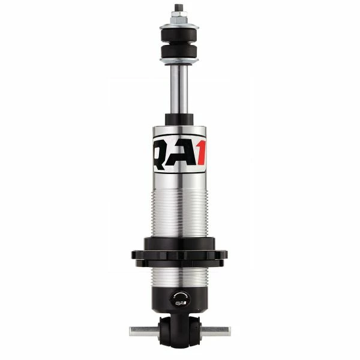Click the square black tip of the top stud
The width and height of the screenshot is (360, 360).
coord(179,8)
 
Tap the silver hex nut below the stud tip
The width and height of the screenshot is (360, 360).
coord(179,20)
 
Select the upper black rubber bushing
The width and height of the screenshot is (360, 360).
coord(179,34)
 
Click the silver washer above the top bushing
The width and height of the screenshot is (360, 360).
coord(179,26)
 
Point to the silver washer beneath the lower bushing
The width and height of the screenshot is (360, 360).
coord(179,61)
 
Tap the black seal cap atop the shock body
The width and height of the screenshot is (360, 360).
coord(179,119)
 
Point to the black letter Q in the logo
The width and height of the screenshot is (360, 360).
coord(162,154)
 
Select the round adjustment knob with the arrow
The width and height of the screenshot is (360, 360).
coord(179,298)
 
